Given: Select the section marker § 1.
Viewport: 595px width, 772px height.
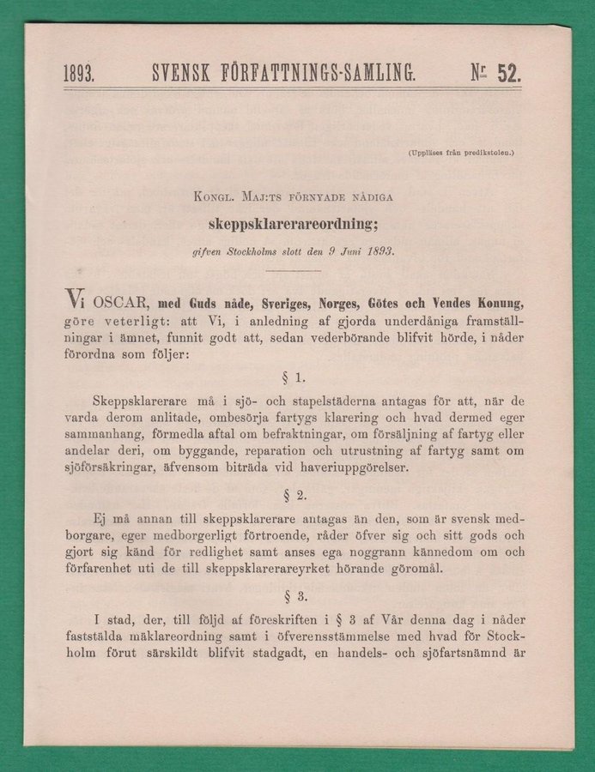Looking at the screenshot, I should [294, 377].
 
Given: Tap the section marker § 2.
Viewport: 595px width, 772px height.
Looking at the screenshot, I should [294, 495].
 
